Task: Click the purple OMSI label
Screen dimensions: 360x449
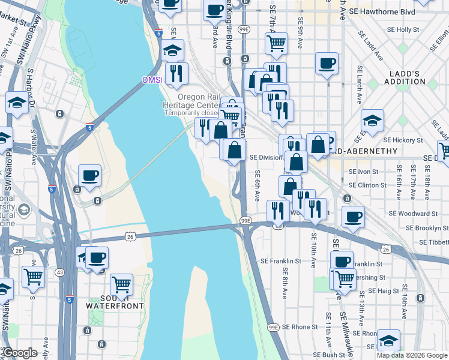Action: tap(152, 80)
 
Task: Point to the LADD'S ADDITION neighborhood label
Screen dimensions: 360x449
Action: tap(405, 77)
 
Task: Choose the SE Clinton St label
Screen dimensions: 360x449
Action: tap(367, 185)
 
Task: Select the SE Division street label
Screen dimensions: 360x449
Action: tap(265, 158)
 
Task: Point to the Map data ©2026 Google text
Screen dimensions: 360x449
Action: tap(411, 355)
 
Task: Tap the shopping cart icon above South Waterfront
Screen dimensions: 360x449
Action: tap(122, 284)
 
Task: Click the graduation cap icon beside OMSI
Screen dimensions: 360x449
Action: tap(172, 50)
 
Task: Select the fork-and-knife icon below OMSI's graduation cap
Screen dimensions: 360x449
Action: tap(176, 73)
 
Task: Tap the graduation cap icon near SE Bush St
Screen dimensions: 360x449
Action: tap(388, 340)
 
